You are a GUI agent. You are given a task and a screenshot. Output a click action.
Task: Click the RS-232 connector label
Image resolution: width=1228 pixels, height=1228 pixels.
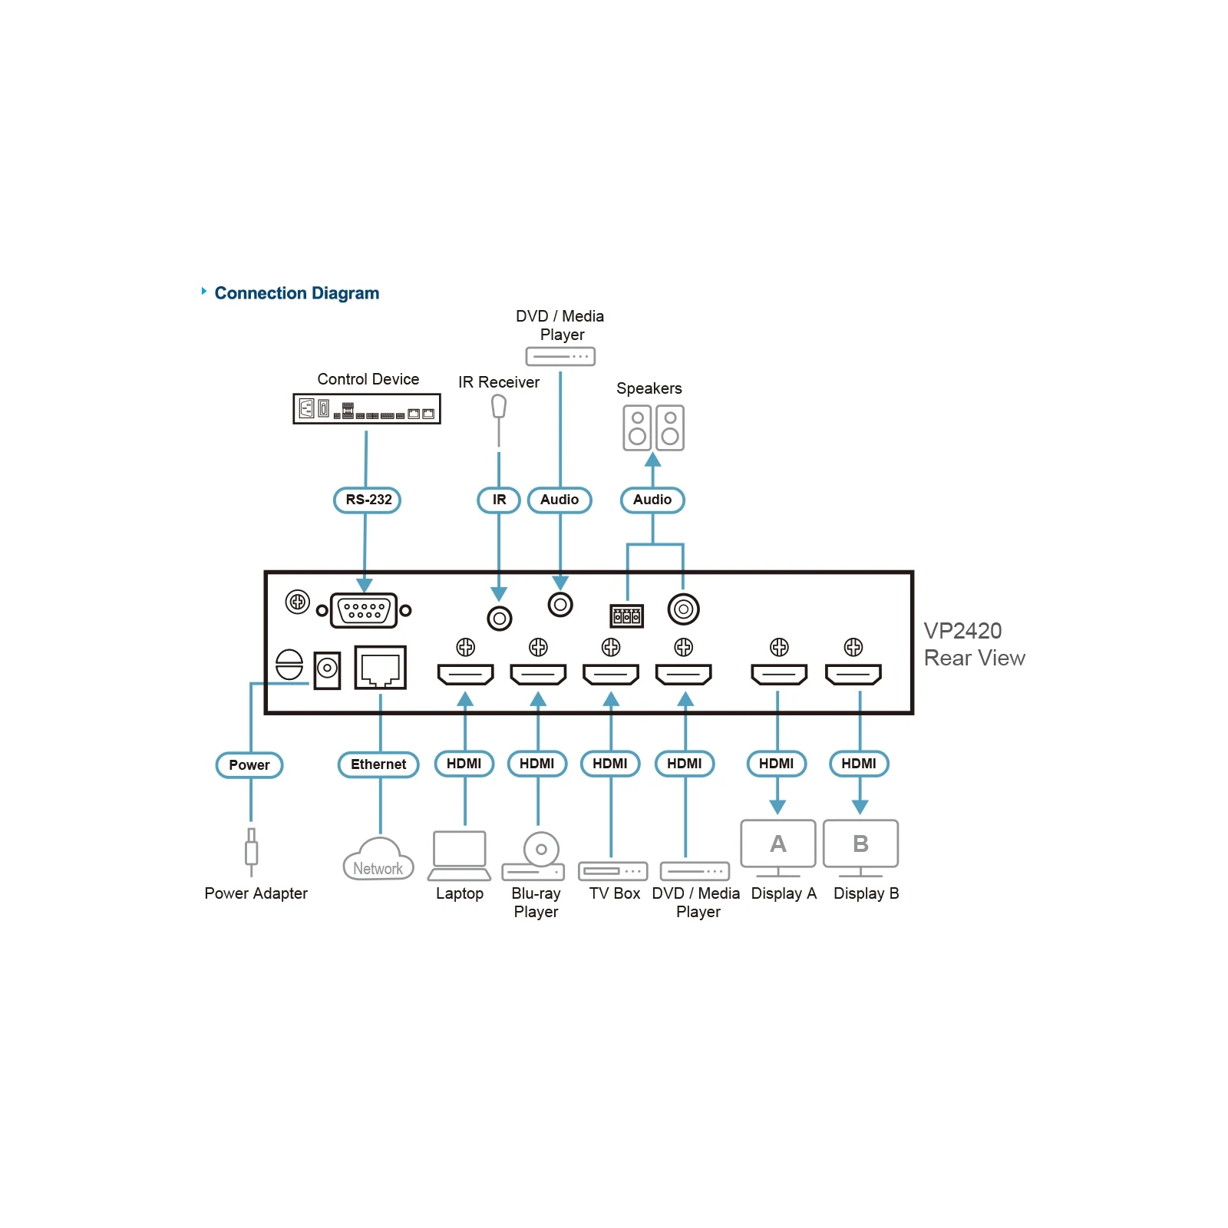367,500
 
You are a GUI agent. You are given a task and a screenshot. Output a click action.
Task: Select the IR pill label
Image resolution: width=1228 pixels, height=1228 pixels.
499,500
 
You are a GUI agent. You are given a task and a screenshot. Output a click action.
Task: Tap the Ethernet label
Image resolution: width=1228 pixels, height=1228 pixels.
378,764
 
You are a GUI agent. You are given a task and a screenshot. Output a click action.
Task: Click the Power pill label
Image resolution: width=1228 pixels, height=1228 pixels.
249,765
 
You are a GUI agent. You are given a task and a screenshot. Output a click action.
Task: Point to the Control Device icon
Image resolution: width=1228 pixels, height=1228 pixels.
367,409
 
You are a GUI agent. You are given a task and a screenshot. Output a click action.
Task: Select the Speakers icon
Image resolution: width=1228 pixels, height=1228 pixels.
653,427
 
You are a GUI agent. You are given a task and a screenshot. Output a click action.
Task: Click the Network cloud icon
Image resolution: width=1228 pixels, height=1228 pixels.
378,860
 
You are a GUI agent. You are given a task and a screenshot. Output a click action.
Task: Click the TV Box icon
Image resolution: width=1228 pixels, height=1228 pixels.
613,871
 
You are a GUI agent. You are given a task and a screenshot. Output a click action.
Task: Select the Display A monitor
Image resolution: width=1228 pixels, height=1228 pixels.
778,848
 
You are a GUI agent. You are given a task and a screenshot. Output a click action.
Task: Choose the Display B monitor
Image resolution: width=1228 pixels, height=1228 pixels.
860,848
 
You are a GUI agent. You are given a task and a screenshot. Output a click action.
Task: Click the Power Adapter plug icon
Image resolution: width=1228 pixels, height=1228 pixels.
251,852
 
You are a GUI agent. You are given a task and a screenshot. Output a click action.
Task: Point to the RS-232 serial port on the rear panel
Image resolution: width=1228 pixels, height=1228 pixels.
364,611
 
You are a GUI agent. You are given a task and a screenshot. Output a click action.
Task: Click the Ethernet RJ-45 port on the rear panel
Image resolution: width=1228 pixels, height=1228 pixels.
380,668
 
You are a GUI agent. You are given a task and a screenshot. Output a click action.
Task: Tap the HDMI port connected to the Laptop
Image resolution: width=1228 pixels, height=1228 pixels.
465,675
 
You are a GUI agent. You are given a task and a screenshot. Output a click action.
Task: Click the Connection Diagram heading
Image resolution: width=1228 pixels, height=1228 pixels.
297,293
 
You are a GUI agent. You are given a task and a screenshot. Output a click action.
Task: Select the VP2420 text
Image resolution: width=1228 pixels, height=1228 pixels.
962,631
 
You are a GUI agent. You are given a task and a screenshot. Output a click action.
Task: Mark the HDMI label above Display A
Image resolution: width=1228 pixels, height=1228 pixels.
777,764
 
